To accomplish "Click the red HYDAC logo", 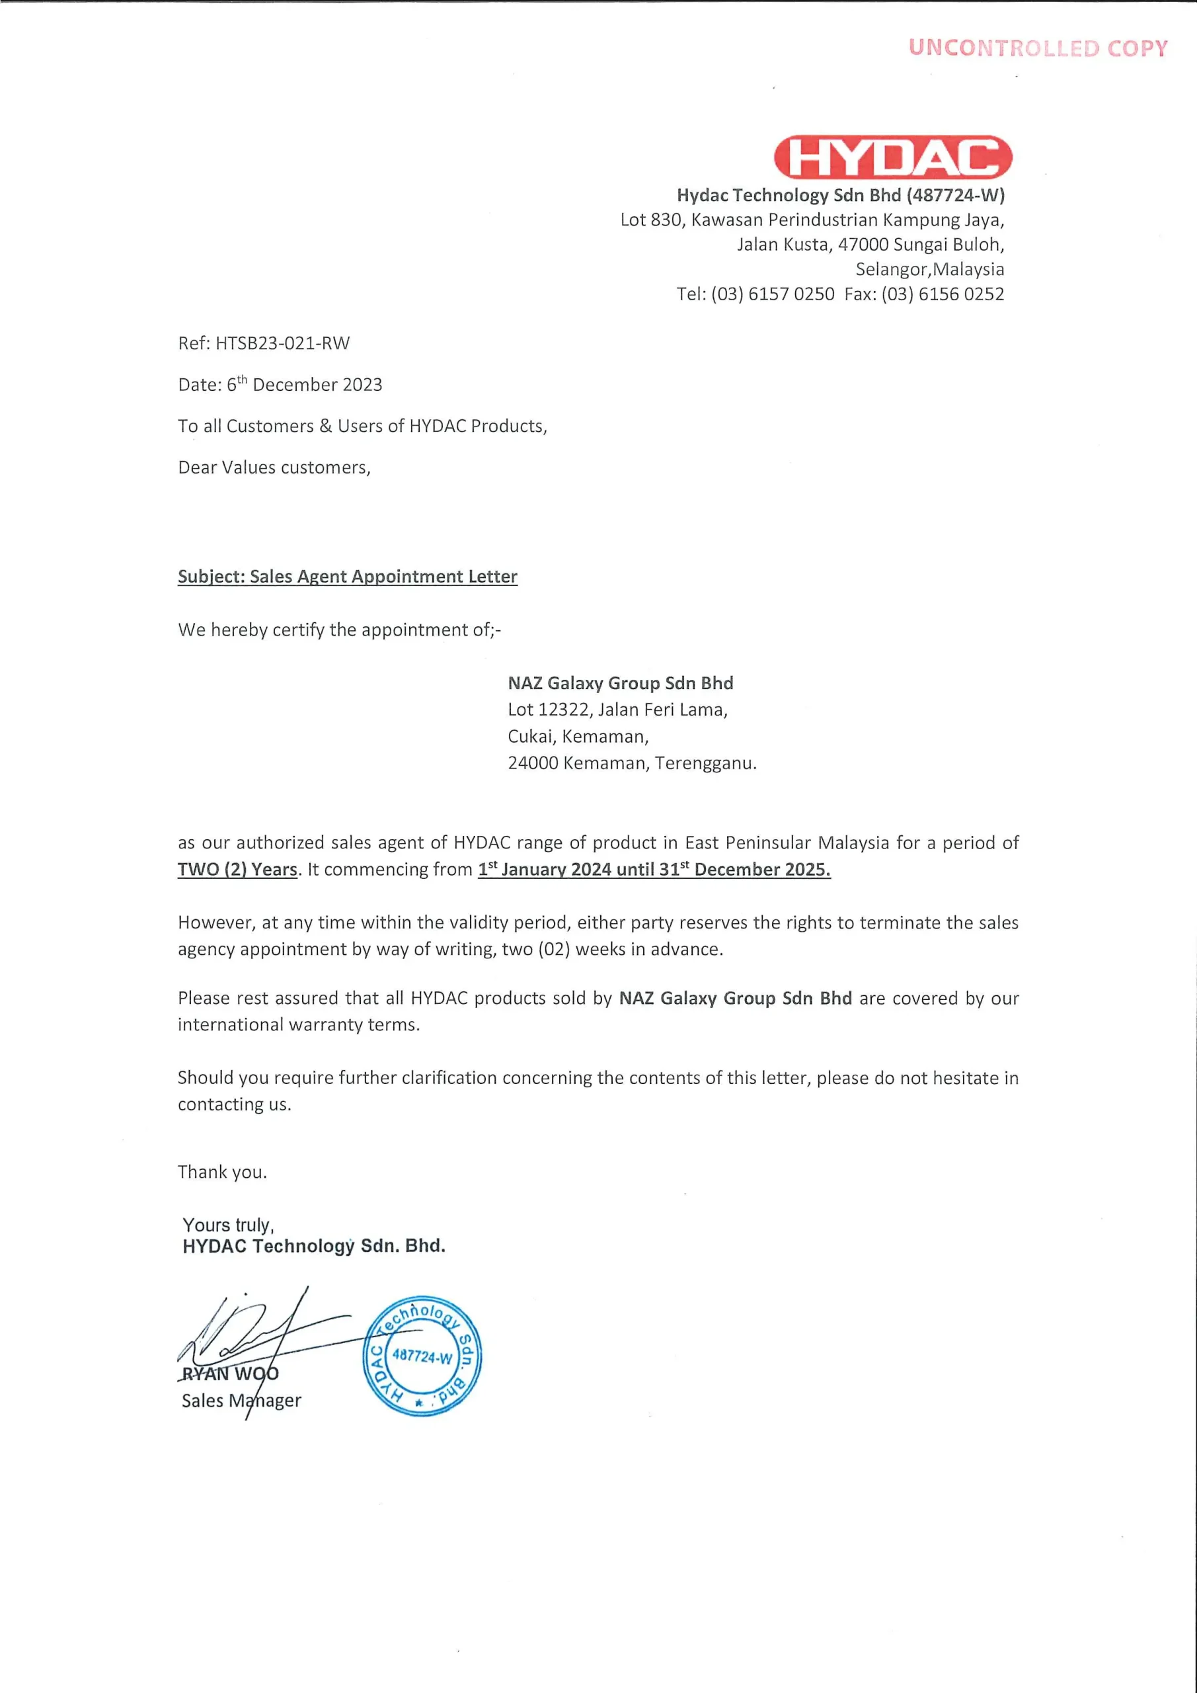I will click(x=892, y=157).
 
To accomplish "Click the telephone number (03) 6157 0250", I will click(x=773, y=294).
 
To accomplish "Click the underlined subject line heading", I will click(x=347, y=577).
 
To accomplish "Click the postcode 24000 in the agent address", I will click(x=533, y=763).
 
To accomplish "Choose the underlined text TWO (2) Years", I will click(x=237, y=870).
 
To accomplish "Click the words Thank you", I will click(x=222, y=1173).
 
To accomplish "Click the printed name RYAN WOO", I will click(x=231, y=1374).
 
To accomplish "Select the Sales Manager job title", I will click(x=241, y=1400).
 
